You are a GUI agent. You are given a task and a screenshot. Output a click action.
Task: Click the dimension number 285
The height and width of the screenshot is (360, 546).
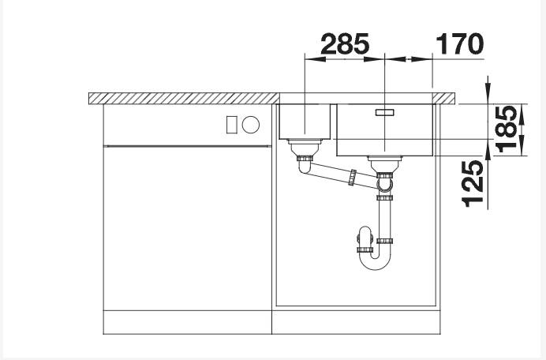tap(344, 44)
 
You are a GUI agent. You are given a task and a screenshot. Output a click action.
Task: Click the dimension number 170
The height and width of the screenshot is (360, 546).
tap(460, 44)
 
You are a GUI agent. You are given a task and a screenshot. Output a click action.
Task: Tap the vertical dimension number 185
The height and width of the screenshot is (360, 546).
tap(507, 129)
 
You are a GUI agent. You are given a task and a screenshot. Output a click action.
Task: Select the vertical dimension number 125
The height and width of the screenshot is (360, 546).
tap(473, 184)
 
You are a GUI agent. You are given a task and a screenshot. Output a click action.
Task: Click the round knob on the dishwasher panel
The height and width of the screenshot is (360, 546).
tap(251, 125)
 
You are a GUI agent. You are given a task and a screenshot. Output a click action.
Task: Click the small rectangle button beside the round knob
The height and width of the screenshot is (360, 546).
tap(231, 125)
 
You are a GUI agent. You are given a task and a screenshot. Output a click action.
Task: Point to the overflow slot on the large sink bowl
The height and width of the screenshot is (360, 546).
tap(385, 112)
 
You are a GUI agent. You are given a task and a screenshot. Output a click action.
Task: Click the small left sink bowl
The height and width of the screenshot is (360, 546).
tap(305, 122)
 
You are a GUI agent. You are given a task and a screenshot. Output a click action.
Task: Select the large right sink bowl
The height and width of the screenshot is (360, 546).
tap(385, 129)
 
